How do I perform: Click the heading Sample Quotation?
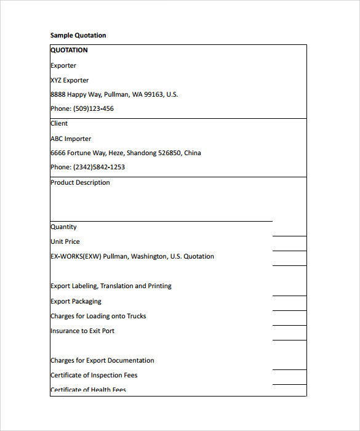click(x=78, y=36)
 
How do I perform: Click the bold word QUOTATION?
click(x=69, y=50)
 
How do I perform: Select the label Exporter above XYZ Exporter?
click(x=63, y=66)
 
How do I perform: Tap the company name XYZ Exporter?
click(x=70, y=80)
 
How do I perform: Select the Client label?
click(x=59, y=124)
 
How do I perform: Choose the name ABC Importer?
click(x=71, y=139)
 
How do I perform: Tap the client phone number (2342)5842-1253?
click(x=99, y=167)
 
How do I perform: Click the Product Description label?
click(x=80, y=183)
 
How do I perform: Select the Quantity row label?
click(x=63, y=227)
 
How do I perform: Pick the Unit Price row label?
click(x=65, y=242)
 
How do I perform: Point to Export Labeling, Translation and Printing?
click(x=111, y=286)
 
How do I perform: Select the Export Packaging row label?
click(x=76, y=302)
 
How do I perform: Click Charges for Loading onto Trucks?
click(x=98, y=316)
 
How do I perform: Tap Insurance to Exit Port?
click(x=82, y=331)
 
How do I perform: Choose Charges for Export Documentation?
click(x=102, y=361)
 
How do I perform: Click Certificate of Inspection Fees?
click(x=94, y=376)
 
